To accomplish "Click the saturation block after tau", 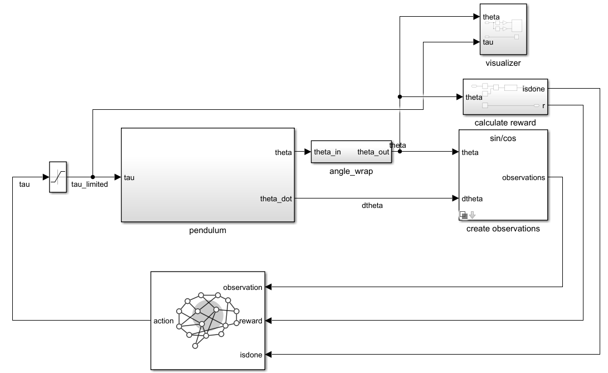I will [57, 177].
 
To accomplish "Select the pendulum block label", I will [207, 230].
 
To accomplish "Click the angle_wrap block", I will [351, 152].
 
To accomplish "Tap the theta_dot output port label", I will [276, 198].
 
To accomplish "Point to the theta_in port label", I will [328, 152].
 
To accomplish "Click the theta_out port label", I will [373, 152].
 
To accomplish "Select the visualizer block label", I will [503, 63].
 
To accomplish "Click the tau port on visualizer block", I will [488, 42].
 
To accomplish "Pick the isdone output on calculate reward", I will [534, 88].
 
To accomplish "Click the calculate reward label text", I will [505, 123].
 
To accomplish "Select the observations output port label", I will [523, 178].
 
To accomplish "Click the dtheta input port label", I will [472, 198].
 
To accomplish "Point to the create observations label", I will [503, 229].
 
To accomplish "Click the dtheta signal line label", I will [373, 206].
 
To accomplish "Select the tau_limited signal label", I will [90, 185].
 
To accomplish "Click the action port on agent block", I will [163, 321].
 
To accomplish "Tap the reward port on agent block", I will [251, 321].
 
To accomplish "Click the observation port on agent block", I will [242, 288].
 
